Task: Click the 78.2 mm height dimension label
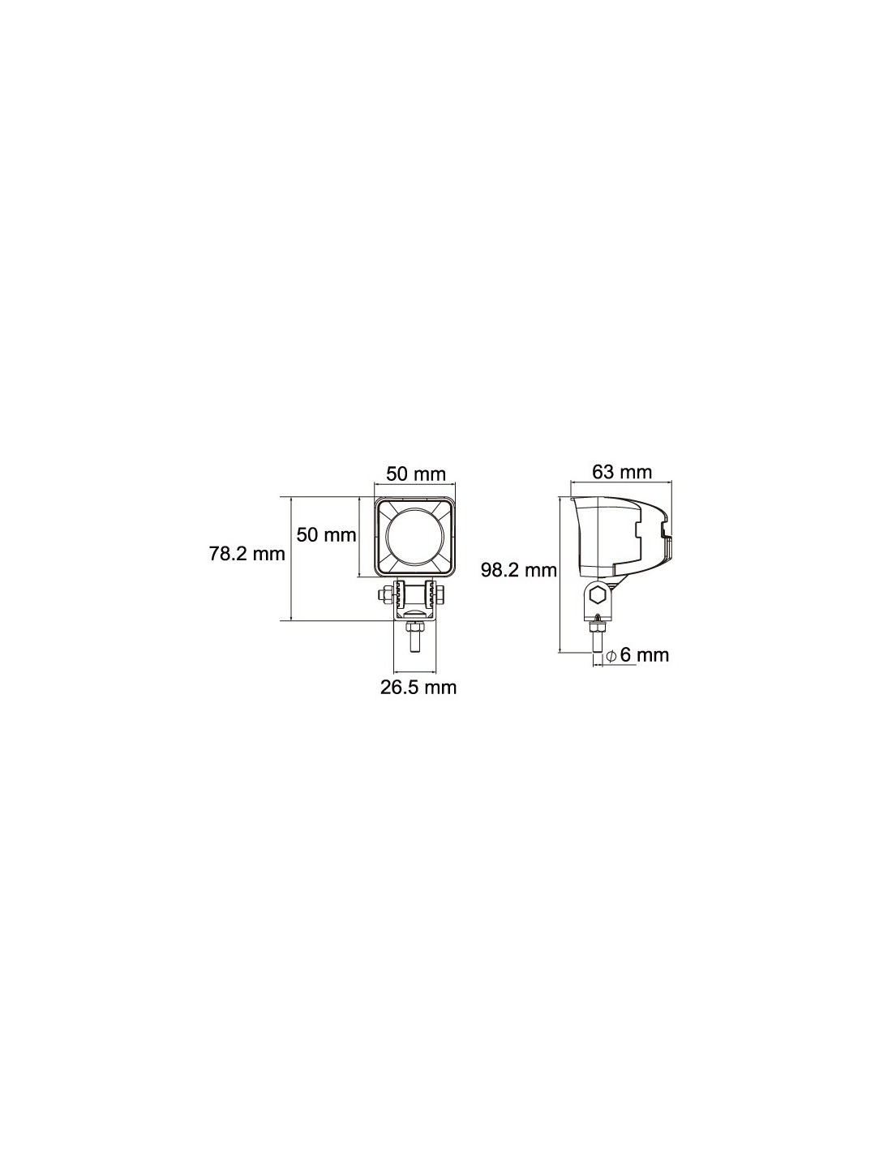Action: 247,554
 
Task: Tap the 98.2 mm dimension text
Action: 518,570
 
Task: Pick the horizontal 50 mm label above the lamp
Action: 415,474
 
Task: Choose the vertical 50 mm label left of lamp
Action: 326,534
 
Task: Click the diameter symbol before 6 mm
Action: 611,656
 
